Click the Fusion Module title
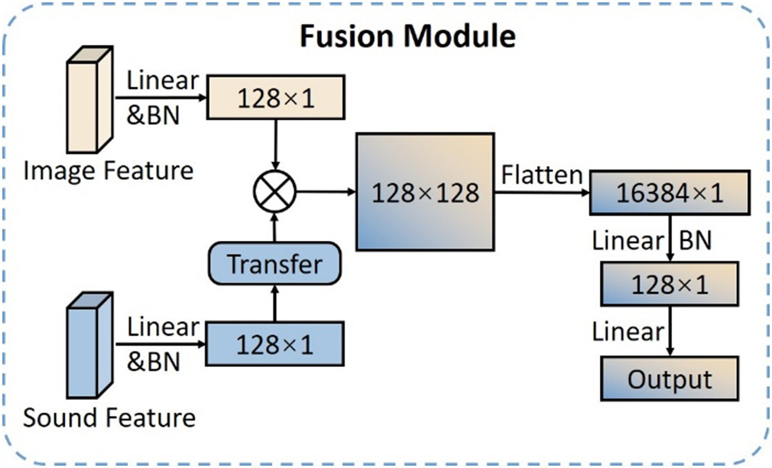click(407, 36)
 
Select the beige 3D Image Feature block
click(89, 100)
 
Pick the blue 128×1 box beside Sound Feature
click(274, 344)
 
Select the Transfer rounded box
click(274, 264)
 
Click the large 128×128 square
click(425, 191)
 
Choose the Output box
click(670, 379)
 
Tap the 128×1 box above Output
click(670, 285)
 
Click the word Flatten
click(541, 175)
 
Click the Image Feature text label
click(108, 170)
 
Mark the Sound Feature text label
click(109, 418)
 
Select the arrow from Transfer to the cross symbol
click(274, 227)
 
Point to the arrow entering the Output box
click(670, 332)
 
